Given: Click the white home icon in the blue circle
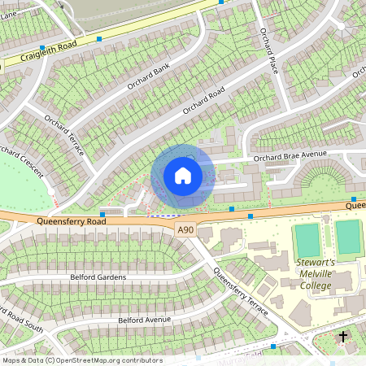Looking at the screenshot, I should click(x=183, y=175).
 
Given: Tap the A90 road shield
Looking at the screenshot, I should click(x=186, y=231).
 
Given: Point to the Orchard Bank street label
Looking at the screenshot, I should click(x=147, y=77).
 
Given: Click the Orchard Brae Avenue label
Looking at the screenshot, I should click(x=290, y=155).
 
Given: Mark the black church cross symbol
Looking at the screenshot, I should click(x=343, y=336).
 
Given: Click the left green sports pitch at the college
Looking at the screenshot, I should click(x=307, y=239).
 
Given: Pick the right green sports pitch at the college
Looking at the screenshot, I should click(x=347, y=237).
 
